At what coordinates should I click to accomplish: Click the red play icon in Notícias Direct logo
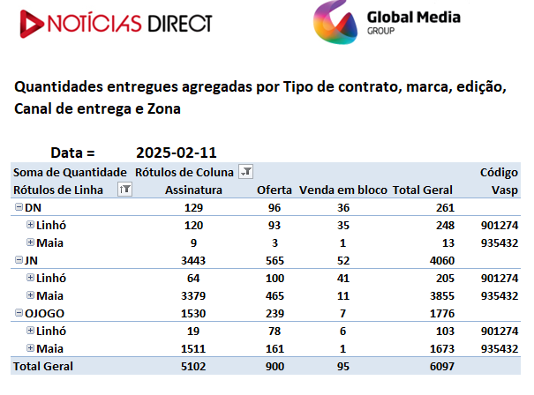point(31,24)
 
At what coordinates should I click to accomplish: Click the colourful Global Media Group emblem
point(335,23)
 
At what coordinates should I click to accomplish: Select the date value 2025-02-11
point(177,153)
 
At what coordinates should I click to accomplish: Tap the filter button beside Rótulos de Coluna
point(246,171)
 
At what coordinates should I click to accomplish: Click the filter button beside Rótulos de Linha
point(124,190)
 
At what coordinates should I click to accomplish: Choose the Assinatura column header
point(193,190)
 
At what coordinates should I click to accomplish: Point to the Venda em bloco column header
point(343,190)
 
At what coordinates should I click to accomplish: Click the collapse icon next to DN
point(19,207)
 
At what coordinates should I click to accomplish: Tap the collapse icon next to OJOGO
point(19,313)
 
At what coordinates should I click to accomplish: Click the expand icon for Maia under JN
point(30,295)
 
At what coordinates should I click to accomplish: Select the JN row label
point(31,261)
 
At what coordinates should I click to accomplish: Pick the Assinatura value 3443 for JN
point(193,261)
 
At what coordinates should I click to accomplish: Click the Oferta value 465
point(275,296)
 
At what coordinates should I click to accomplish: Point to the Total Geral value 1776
point(442,313)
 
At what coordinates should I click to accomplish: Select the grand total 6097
point(442,367)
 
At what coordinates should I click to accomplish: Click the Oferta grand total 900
point(275,367)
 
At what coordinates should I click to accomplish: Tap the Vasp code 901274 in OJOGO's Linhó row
point(500,331)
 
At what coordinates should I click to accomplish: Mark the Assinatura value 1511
point(193,349)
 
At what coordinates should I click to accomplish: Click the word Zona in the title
point(164,108)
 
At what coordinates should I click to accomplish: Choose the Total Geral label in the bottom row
point(43,367)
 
